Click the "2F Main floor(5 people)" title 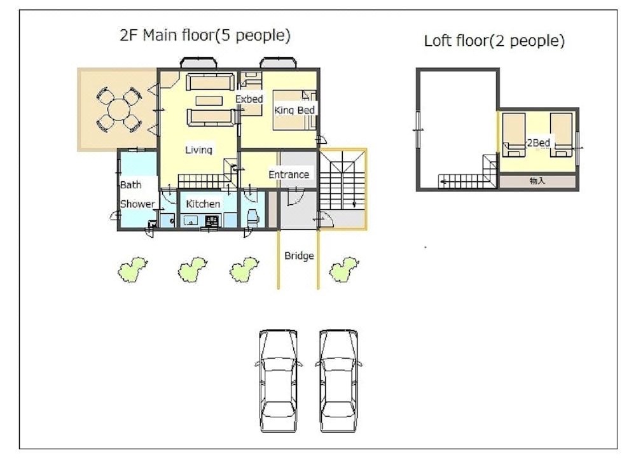(205, 35)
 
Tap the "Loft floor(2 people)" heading (494, 41)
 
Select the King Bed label (294, 110)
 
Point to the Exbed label (249, 99)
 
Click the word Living (198, 150)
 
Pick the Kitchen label (203, 204)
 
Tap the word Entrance (289, 174)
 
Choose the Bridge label (299, 256)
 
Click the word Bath (130, 185)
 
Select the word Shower (137, 204)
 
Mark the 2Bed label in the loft (538, 142)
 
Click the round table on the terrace (118, 110)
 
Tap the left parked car (279, 380)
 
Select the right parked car (339, 380)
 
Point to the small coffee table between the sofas (209, 101)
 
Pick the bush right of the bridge (344, 269)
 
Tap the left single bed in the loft (513, 135)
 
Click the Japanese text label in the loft (537, 181)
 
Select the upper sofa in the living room (210, 82)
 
